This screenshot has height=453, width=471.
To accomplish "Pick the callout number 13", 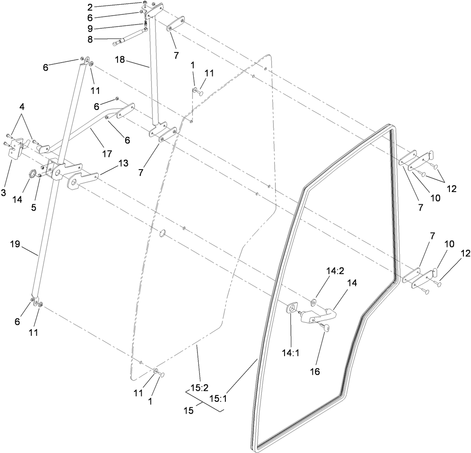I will pos(112,162).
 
